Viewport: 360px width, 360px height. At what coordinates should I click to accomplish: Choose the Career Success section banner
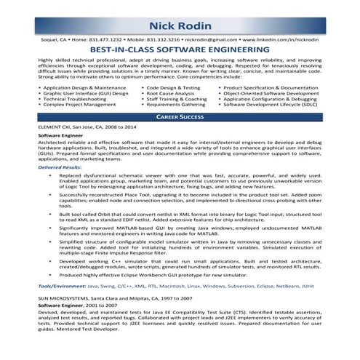180,116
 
